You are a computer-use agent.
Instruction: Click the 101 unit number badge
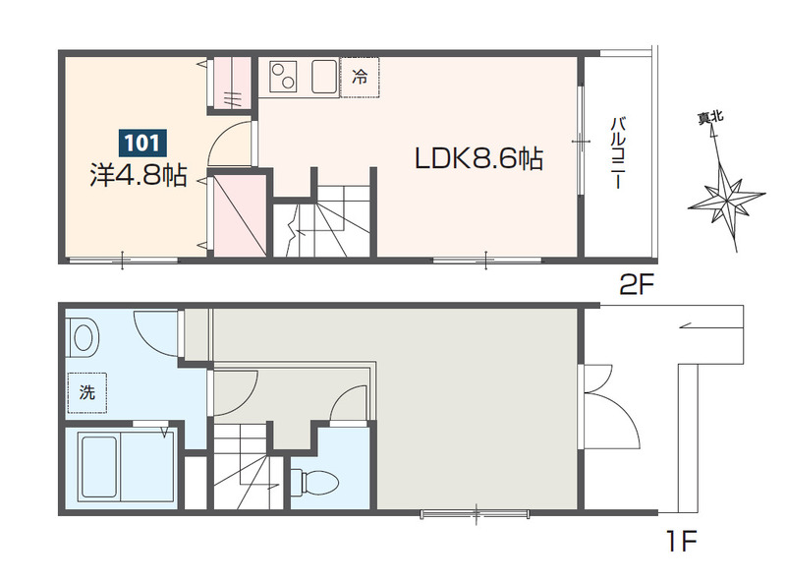click(x=142, y=143)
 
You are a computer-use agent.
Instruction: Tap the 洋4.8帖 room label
click(x=139, y=175)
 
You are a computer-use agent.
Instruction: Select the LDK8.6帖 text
click(x=478, y=158)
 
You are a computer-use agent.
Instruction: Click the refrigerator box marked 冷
click(x=360, y=77)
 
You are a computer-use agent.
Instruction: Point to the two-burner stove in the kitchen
click(x=283, y=77)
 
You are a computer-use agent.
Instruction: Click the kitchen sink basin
click(x=324, y=77)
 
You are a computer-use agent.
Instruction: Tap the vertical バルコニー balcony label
click(x=618, y=152)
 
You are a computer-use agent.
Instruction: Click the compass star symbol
click(x=726, y=199)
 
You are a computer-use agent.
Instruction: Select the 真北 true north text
click(x=710, y=117)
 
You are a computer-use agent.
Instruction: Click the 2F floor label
click(x=637, y=285)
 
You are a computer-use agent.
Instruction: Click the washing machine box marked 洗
click(x=87, y=392)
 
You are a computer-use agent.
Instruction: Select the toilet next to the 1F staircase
click(x=314, y=482)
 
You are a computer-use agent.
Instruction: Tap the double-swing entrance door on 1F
click(x=608, y=406)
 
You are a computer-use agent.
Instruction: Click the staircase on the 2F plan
click(x=321, y=221)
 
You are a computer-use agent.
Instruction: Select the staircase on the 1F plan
click(x=243, y=466)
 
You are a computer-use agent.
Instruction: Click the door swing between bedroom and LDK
click(x=230, y=144)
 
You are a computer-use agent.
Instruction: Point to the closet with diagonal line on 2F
click(x=240, y=215)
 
